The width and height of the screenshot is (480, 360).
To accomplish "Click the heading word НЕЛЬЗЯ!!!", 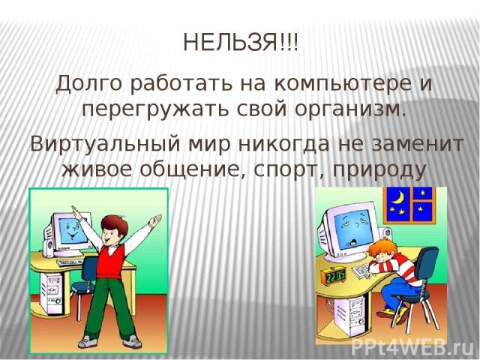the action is pos(240,42).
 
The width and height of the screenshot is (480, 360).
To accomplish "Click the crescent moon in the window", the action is pos(399,196).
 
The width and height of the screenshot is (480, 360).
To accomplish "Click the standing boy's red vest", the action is pos(111,260).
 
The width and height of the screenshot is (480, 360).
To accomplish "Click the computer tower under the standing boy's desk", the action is pos(52,293).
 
